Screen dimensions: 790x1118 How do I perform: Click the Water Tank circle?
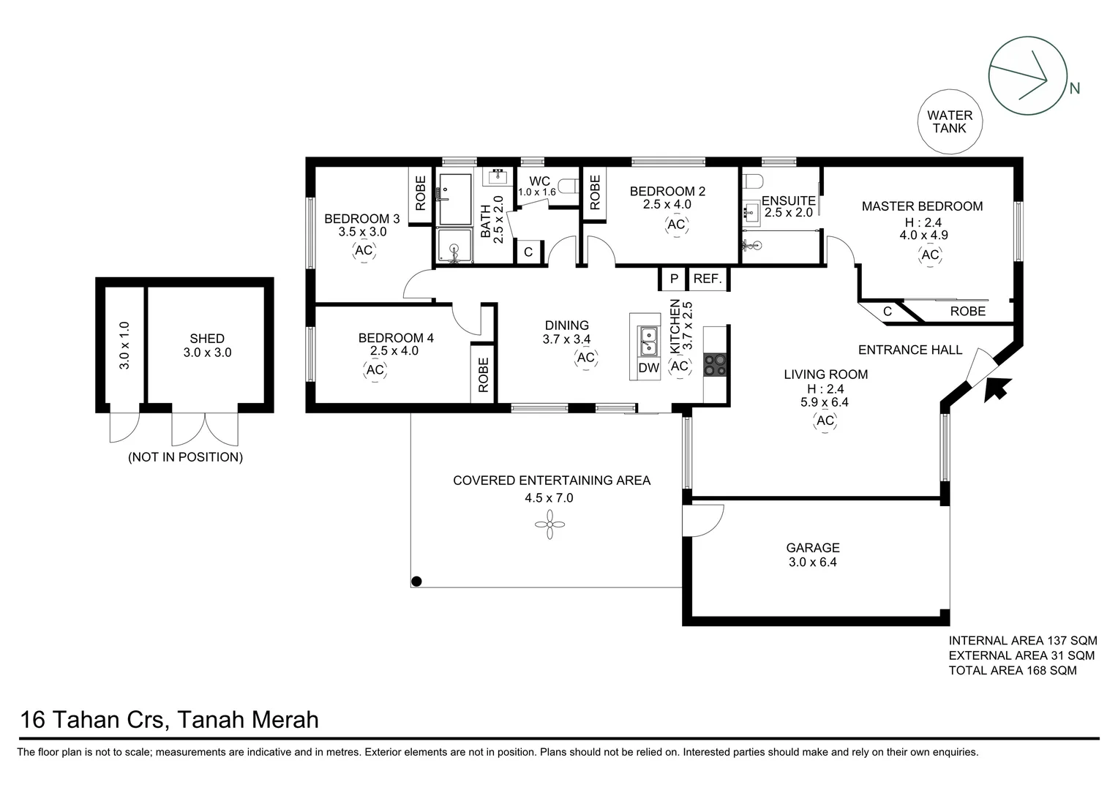pos(950,122)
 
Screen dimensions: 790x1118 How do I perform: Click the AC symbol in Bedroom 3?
pos(364,251)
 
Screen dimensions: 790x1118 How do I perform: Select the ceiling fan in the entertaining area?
pos(549,524)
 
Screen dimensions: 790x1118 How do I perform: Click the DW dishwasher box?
pos(648,368)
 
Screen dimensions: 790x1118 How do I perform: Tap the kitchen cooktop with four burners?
pos(714,364)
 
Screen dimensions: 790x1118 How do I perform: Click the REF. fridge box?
pos(708,279)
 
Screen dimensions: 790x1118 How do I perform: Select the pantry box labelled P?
pos(674,279)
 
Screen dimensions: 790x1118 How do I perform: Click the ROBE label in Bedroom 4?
pos(483,375)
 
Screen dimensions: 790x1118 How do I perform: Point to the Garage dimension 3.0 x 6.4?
pos(812,563)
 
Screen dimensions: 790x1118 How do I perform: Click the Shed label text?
pos(207,339)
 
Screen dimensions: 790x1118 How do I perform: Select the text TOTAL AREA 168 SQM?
pos(1013,670)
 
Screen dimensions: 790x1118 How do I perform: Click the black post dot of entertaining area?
pos(416,582)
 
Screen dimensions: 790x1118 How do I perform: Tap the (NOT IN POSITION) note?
pos(185,457)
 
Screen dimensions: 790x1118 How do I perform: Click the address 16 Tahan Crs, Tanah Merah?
pos(170,720)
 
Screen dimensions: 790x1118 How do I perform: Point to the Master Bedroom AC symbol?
pos(930,255)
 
